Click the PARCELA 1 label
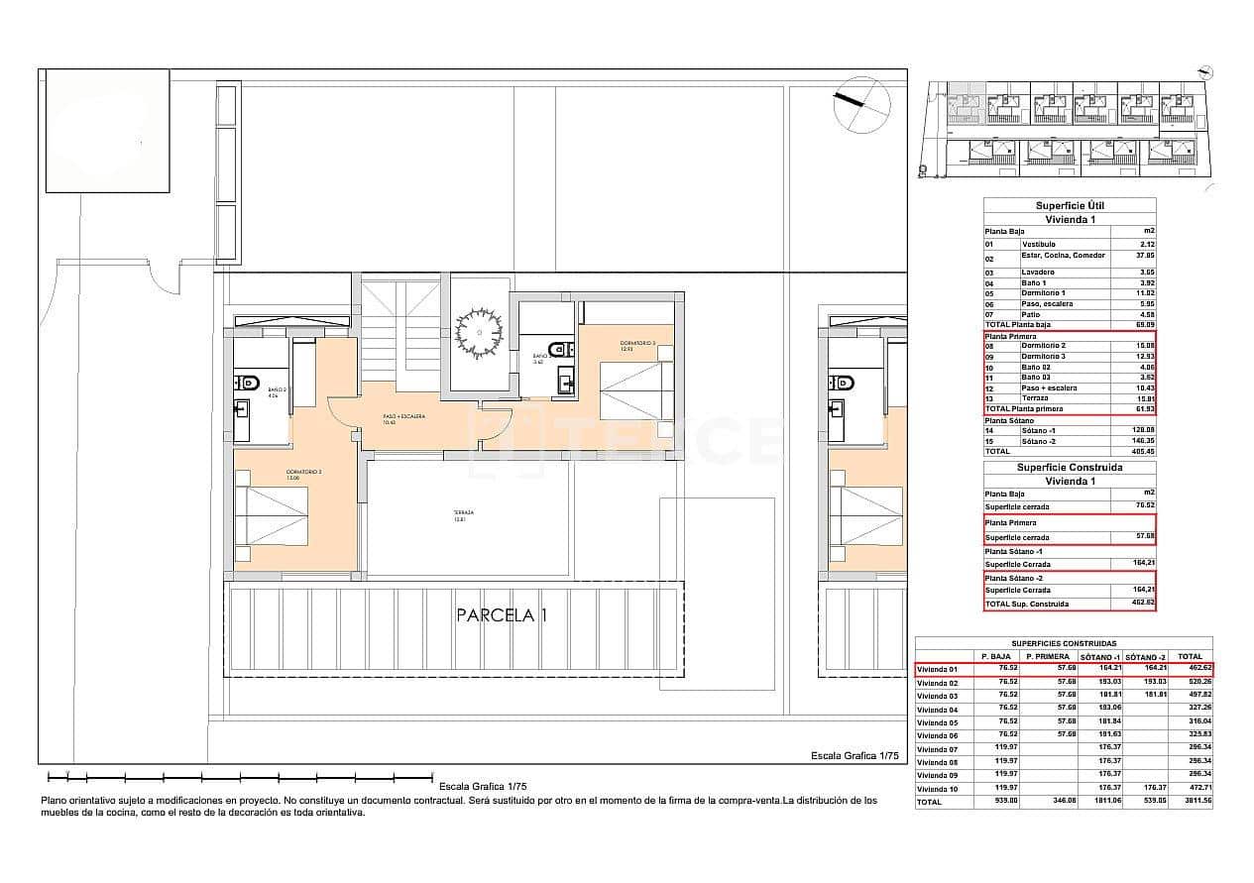[x=501, y=615]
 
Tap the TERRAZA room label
[x=458, y=514]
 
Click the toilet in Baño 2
[x=248, y=383]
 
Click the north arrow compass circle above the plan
[x=861, y=104]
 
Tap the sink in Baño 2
[x=241, y=406]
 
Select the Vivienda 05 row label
[x=937, y=722]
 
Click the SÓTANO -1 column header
[x=1099, y=656]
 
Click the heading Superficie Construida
[x=1070, y=467]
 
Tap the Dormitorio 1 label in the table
[x=1044, y=293]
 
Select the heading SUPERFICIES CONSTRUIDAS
[x=1063, y=643]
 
